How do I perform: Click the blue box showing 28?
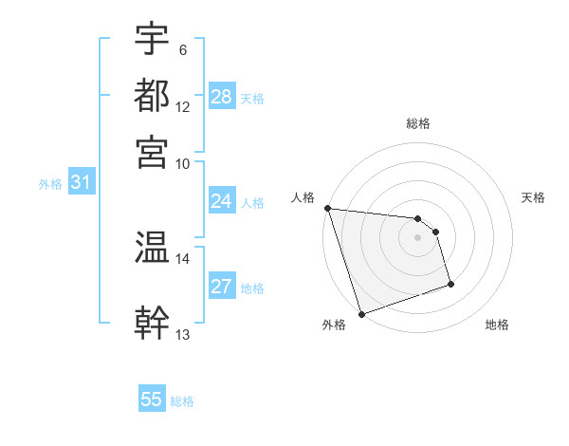(222, 97)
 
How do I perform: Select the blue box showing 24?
(221, 201)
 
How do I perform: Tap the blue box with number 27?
(221, 288)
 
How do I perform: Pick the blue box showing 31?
(82, 183)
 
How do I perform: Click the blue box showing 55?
(152, 400)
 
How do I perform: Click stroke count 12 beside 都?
(183, 107)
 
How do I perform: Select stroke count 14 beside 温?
(183, 257)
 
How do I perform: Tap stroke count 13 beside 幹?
(183, 335)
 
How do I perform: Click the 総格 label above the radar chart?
(418, 124)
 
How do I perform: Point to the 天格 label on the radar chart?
(533, 197)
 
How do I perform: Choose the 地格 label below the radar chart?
(497, 325)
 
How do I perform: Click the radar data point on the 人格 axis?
(327, 208)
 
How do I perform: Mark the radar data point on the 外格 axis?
(361, 314)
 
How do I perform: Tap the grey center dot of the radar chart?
(418, 237)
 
